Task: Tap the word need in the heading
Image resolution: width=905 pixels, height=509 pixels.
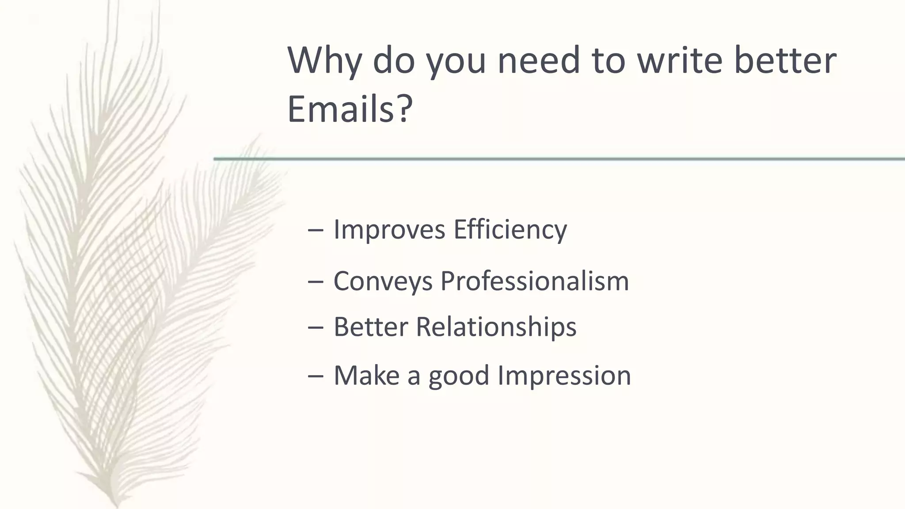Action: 538,61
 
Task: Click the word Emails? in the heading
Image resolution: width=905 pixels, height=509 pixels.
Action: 350,109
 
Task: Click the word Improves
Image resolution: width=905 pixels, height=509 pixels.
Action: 389,230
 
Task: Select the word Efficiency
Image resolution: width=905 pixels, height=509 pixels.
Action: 510,230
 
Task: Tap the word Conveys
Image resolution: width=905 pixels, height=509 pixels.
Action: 383,281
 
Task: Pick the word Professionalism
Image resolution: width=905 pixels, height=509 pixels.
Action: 534,281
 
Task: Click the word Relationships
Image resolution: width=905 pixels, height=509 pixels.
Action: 496,327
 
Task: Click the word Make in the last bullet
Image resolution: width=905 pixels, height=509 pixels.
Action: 366,376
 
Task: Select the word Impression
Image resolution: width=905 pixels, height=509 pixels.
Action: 564,376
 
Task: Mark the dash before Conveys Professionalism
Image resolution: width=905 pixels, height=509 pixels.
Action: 316,282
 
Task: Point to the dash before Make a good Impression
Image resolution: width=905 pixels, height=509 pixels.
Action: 316,376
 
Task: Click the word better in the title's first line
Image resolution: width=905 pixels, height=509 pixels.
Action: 785,61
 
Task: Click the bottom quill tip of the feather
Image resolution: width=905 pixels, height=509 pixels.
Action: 116,504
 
